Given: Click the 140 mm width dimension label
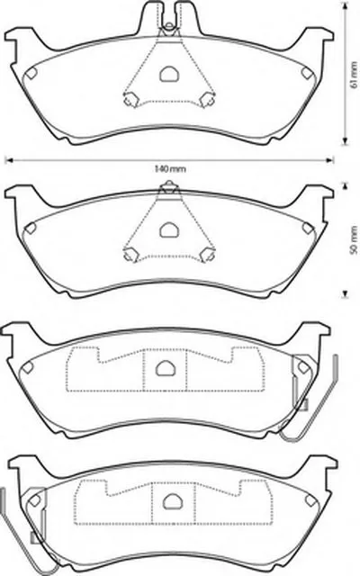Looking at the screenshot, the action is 170,169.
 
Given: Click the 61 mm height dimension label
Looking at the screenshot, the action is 354,75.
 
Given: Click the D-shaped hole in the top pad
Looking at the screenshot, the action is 169,74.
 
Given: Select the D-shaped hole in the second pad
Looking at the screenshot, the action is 169,229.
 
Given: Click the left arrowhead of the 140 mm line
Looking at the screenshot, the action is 8,160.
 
